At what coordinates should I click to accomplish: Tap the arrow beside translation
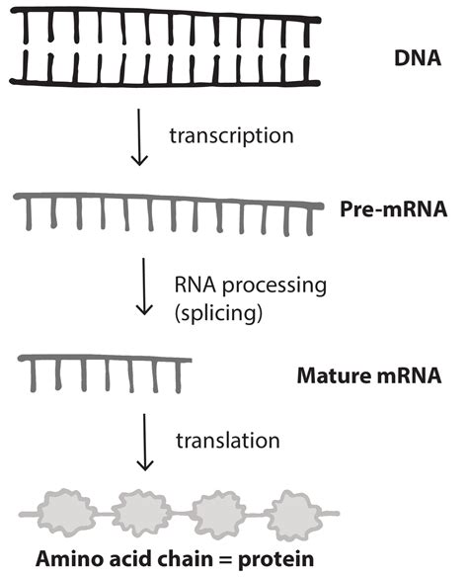coord(144,440)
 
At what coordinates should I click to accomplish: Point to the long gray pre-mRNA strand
coord(168,204)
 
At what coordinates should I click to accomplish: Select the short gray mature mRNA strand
coord(104,363)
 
